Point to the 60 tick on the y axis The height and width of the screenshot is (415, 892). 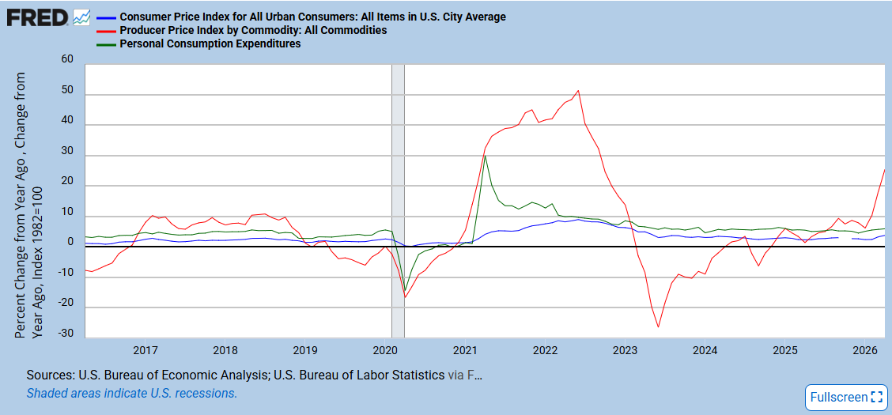point(68,60)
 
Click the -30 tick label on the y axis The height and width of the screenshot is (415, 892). point(66,334)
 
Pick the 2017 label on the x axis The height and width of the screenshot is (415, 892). point(146,349)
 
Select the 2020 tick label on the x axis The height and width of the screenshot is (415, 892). point(385,349)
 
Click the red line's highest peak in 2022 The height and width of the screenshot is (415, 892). point(578,90)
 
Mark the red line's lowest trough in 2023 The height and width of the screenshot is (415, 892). point(658,327)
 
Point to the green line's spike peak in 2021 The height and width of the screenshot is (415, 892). point(485,155)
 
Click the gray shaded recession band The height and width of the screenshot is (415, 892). point(399,202)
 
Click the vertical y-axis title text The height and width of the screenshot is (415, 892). point(28,205)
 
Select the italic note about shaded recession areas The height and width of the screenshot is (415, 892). point(131,393)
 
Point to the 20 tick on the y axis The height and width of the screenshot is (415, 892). point(68,185)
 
